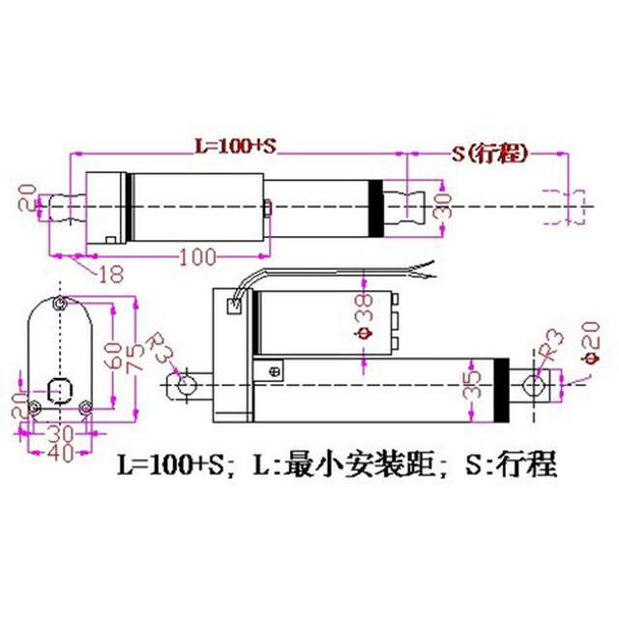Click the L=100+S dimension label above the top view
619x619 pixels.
(x=235, y=146)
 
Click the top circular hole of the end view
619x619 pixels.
(x=61, y=305)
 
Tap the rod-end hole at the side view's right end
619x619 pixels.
(x=533, y=385)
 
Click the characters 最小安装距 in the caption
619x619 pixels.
(x=355, y=466)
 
